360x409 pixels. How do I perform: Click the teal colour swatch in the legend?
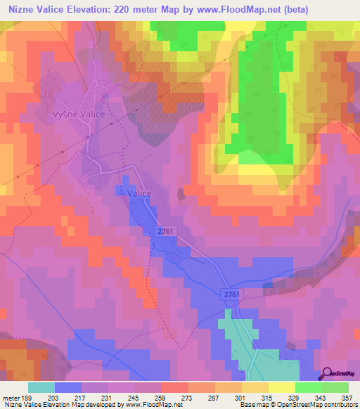[41, 387]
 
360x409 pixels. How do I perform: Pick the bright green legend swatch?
[308, 387]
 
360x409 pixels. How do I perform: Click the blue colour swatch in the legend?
[68, 387]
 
